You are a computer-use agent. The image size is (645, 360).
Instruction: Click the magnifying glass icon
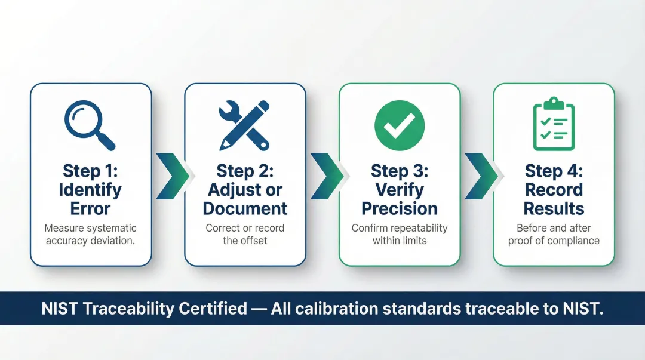(89, 125)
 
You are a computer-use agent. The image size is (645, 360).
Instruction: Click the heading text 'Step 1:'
(91, 171)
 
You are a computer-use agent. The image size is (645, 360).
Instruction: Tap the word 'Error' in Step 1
(91, 209)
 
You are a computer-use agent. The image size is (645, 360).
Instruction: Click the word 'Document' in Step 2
(245, 209)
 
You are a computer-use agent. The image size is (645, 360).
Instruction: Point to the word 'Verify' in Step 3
(400, 190)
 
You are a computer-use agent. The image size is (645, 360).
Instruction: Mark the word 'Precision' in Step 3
(400, 209)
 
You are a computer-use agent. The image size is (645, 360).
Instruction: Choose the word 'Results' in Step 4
(554, 209)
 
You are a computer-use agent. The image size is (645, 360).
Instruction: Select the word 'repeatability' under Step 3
(417, 228)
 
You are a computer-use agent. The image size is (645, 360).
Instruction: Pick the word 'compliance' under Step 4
(572, 241)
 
